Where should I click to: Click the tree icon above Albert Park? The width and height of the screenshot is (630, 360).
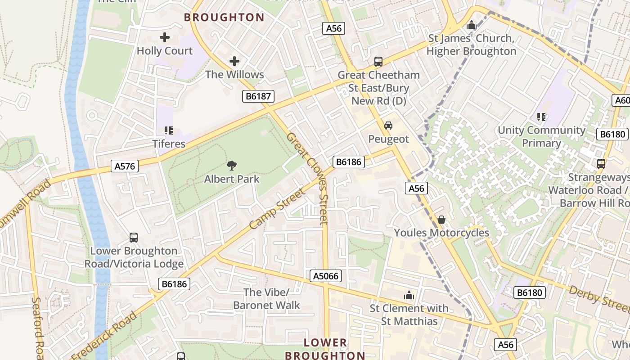[232, 166]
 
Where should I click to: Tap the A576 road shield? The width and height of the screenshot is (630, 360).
[125, 166]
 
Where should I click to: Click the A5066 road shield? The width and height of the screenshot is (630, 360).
[326, 276]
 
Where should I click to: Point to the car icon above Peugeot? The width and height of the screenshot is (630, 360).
[388, 126]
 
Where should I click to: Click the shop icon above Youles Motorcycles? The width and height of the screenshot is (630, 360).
[441, 220]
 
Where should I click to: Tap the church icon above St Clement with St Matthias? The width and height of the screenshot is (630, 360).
[409, 295]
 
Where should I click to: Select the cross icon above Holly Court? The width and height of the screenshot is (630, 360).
[165, 37]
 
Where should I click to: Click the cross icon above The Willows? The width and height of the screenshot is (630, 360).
[234, 61]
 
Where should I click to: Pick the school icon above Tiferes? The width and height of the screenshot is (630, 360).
[169, 130]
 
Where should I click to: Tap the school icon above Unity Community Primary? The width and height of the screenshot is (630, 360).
[541, 117]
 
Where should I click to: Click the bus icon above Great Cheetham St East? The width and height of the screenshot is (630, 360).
[378, 62]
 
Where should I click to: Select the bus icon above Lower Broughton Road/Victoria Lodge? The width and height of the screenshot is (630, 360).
[134, 237]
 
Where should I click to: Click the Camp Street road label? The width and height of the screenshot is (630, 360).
[277, 208]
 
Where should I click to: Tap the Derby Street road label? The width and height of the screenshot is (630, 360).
[598, 298]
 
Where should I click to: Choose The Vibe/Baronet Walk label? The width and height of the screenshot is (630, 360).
[266, 298]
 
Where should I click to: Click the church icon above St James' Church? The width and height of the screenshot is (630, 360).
[471, 25]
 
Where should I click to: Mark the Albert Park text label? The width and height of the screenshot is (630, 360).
[232, 179]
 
